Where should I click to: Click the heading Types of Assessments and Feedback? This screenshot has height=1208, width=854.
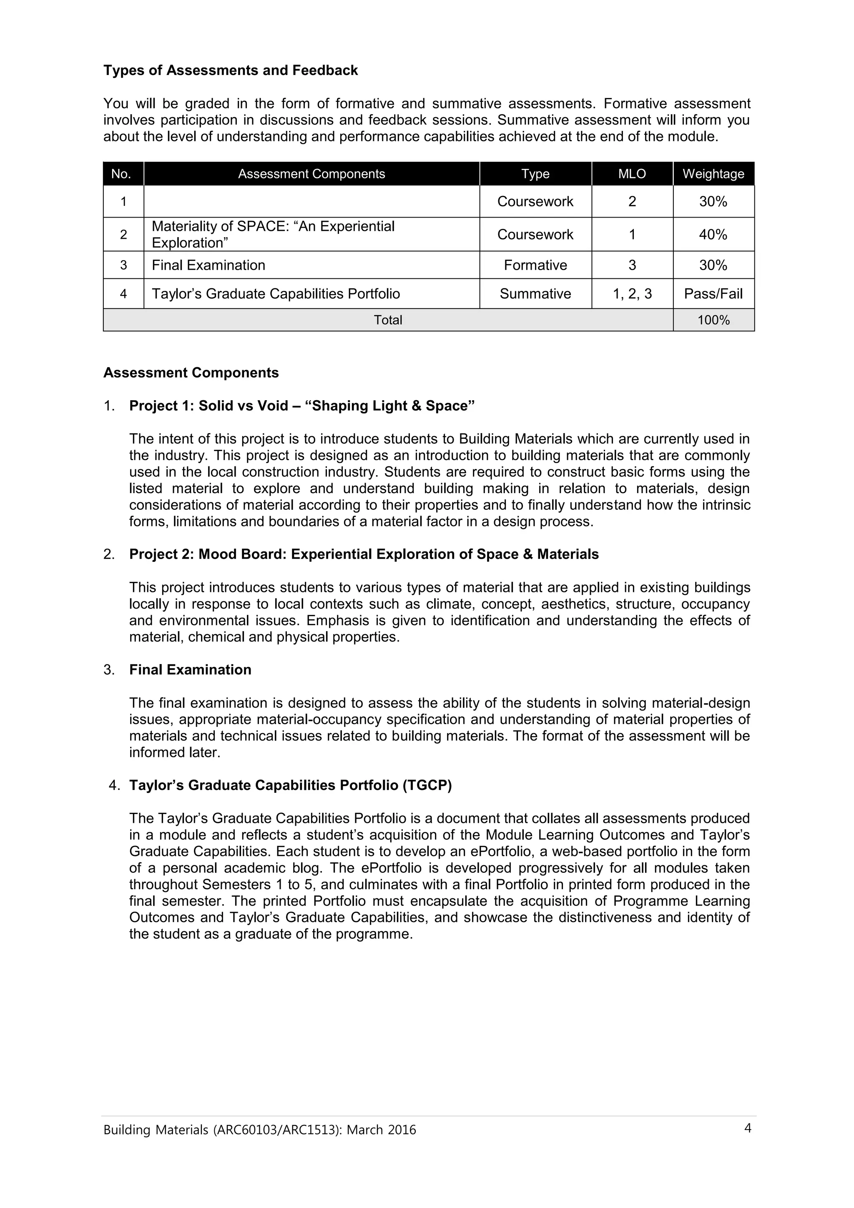pyautogui.click(x=231, y=70)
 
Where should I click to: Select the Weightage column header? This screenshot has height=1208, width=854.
pyautogui.click(x=713, y=174)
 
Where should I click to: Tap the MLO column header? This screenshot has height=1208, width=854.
pyautogui.click(x=632, y=174)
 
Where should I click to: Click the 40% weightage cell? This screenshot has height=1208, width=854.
pyautogui.click(x=713, y=235)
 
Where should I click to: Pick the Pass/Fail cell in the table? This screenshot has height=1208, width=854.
pyautogui.click(x=713, y=293)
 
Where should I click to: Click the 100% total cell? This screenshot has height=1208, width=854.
pyautogui.click(x=713, y=320)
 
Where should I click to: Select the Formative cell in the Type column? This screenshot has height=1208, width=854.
pyautogui.click(x=535, y=265)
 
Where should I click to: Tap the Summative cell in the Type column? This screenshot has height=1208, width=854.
pyautogui.click(x=535, y=293)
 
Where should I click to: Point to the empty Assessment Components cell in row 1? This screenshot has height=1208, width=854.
pyautogui.click(x=311, y=201)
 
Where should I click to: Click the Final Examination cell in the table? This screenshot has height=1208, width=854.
pyautogui.click(x=208, y=265)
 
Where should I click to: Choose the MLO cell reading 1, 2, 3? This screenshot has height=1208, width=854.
pyautogui.click(x=632, y=293)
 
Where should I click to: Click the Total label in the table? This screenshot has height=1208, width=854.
pyautogui.click(x=388, y=320)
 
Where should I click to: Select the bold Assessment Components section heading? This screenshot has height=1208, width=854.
pyautogui.click(x=191, y=373)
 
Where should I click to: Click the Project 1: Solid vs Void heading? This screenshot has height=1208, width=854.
pyautogui.click(x=302, y=406)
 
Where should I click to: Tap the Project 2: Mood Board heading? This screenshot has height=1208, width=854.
pyautogui.click(x=364, y=554)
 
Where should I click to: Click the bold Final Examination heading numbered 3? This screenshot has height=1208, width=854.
pyautogui.click(x=190, y=670)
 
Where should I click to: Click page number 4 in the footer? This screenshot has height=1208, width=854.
pyautogui.click(x=747, y=1128)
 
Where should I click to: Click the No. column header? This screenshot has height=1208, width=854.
pyautogui.click(x=121, y=174)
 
